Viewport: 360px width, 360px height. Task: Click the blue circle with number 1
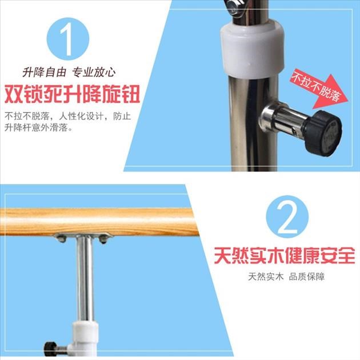pos(68,39)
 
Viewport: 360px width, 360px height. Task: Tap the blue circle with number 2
pos(287,217)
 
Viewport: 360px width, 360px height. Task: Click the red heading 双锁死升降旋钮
pos(73,94)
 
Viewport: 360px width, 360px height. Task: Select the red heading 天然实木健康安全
pos(285,255)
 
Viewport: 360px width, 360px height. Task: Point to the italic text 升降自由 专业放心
pos(69,73)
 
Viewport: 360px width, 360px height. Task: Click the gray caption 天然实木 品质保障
pos(286,277)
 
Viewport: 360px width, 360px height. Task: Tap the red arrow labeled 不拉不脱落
pos(319,89)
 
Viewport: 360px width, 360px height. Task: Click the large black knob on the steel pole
pos(323,133)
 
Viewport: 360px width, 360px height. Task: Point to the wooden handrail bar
pos(99,222)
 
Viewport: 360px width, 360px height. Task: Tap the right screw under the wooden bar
pos(103,239)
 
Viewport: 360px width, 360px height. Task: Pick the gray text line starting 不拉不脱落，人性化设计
pos(68,116)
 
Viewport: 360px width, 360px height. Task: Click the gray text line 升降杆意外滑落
pos(38,127)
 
